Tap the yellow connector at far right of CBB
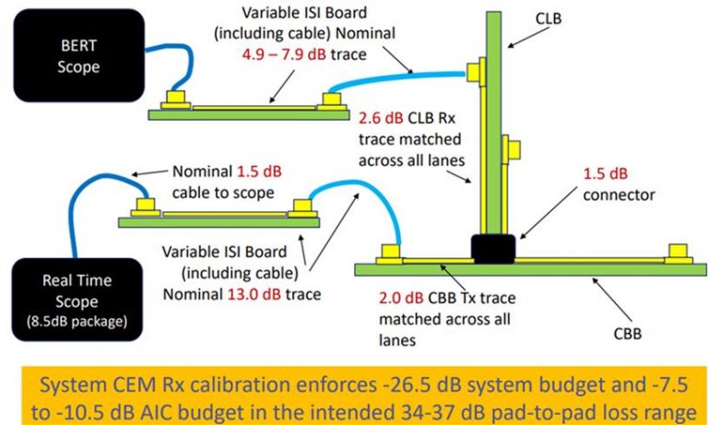pos(678,251)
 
